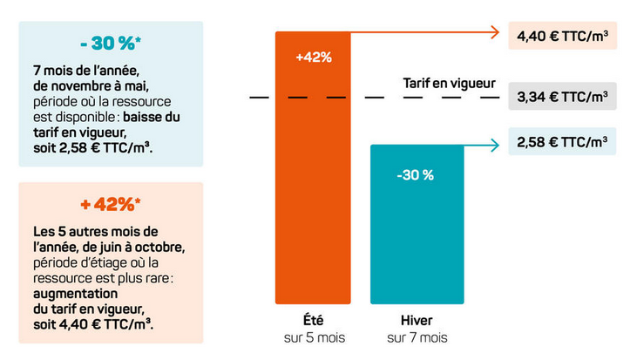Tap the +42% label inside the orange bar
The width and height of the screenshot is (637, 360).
314,58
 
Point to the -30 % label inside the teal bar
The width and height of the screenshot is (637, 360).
415,175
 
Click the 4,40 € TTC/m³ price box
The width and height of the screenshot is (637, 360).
562,37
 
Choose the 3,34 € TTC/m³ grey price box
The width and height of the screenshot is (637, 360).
562,97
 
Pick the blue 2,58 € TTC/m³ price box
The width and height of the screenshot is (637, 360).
562,140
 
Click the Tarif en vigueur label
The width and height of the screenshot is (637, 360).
449,84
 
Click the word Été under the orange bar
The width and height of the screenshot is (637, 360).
314,321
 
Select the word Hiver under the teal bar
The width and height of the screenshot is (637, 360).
415,321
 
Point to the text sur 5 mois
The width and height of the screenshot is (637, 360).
314,337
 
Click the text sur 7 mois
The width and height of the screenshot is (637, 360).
415,337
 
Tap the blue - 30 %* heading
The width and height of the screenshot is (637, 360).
110,44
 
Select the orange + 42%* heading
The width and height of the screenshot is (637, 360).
110,205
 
